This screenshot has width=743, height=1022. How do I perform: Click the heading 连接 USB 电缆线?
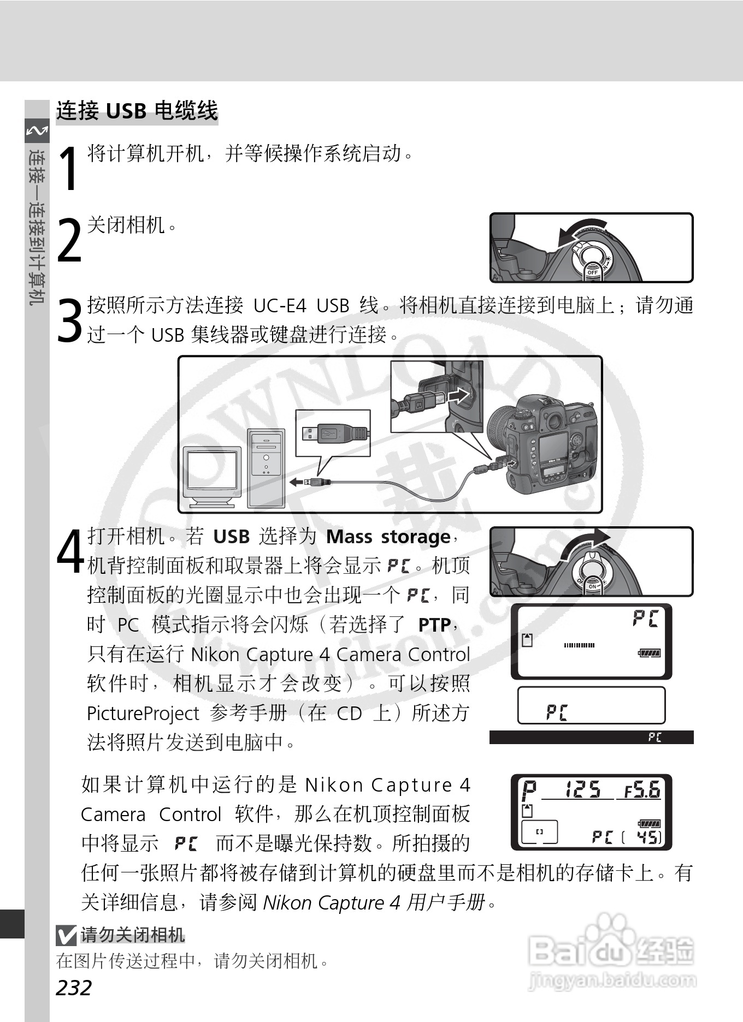(137, 111)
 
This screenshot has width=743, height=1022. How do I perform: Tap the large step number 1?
(69, 169)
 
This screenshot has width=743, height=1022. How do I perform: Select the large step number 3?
(69, 320)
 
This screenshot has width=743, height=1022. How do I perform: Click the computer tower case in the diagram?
(266, 467)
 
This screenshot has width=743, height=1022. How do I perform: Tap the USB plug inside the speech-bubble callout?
(333, 433)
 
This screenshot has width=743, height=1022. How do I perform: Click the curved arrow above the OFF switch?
(582, 231)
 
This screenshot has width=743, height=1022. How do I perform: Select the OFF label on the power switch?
(593, 271)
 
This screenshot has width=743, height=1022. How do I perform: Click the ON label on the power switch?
(593, 586)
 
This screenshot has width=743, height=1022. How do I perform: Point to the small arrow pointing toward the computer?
(296, 482)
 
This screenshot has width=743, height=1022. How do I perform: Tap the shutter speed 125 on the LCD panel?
(582, 789)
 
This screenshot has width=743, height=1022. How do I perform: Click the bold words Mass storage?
(388, 537)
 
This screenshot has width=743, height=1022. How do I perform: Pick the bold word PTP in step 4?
(434, 625)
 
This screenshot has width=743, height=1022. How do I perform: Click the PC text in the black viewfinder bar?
(654, 738)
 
